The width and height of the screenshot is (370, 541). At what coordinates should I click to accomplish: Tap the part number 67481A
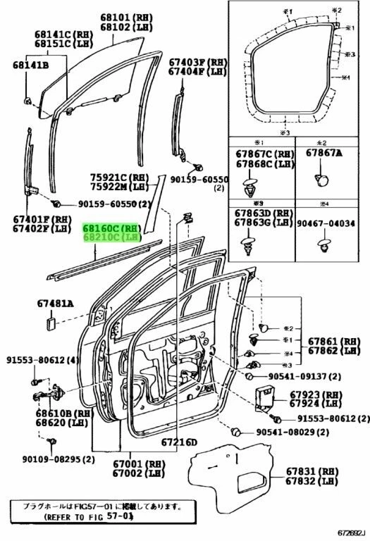(x=55, y=304)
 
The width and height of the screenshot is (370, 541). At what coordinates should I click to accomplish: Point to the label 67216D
(x=180, y=442)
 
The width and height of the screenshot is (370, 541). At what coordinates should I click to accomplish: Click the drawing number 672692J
(x=350, y=531)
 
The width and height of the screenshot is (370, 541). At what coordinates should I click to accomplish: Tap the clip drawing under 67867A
(x=323, y=180)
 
